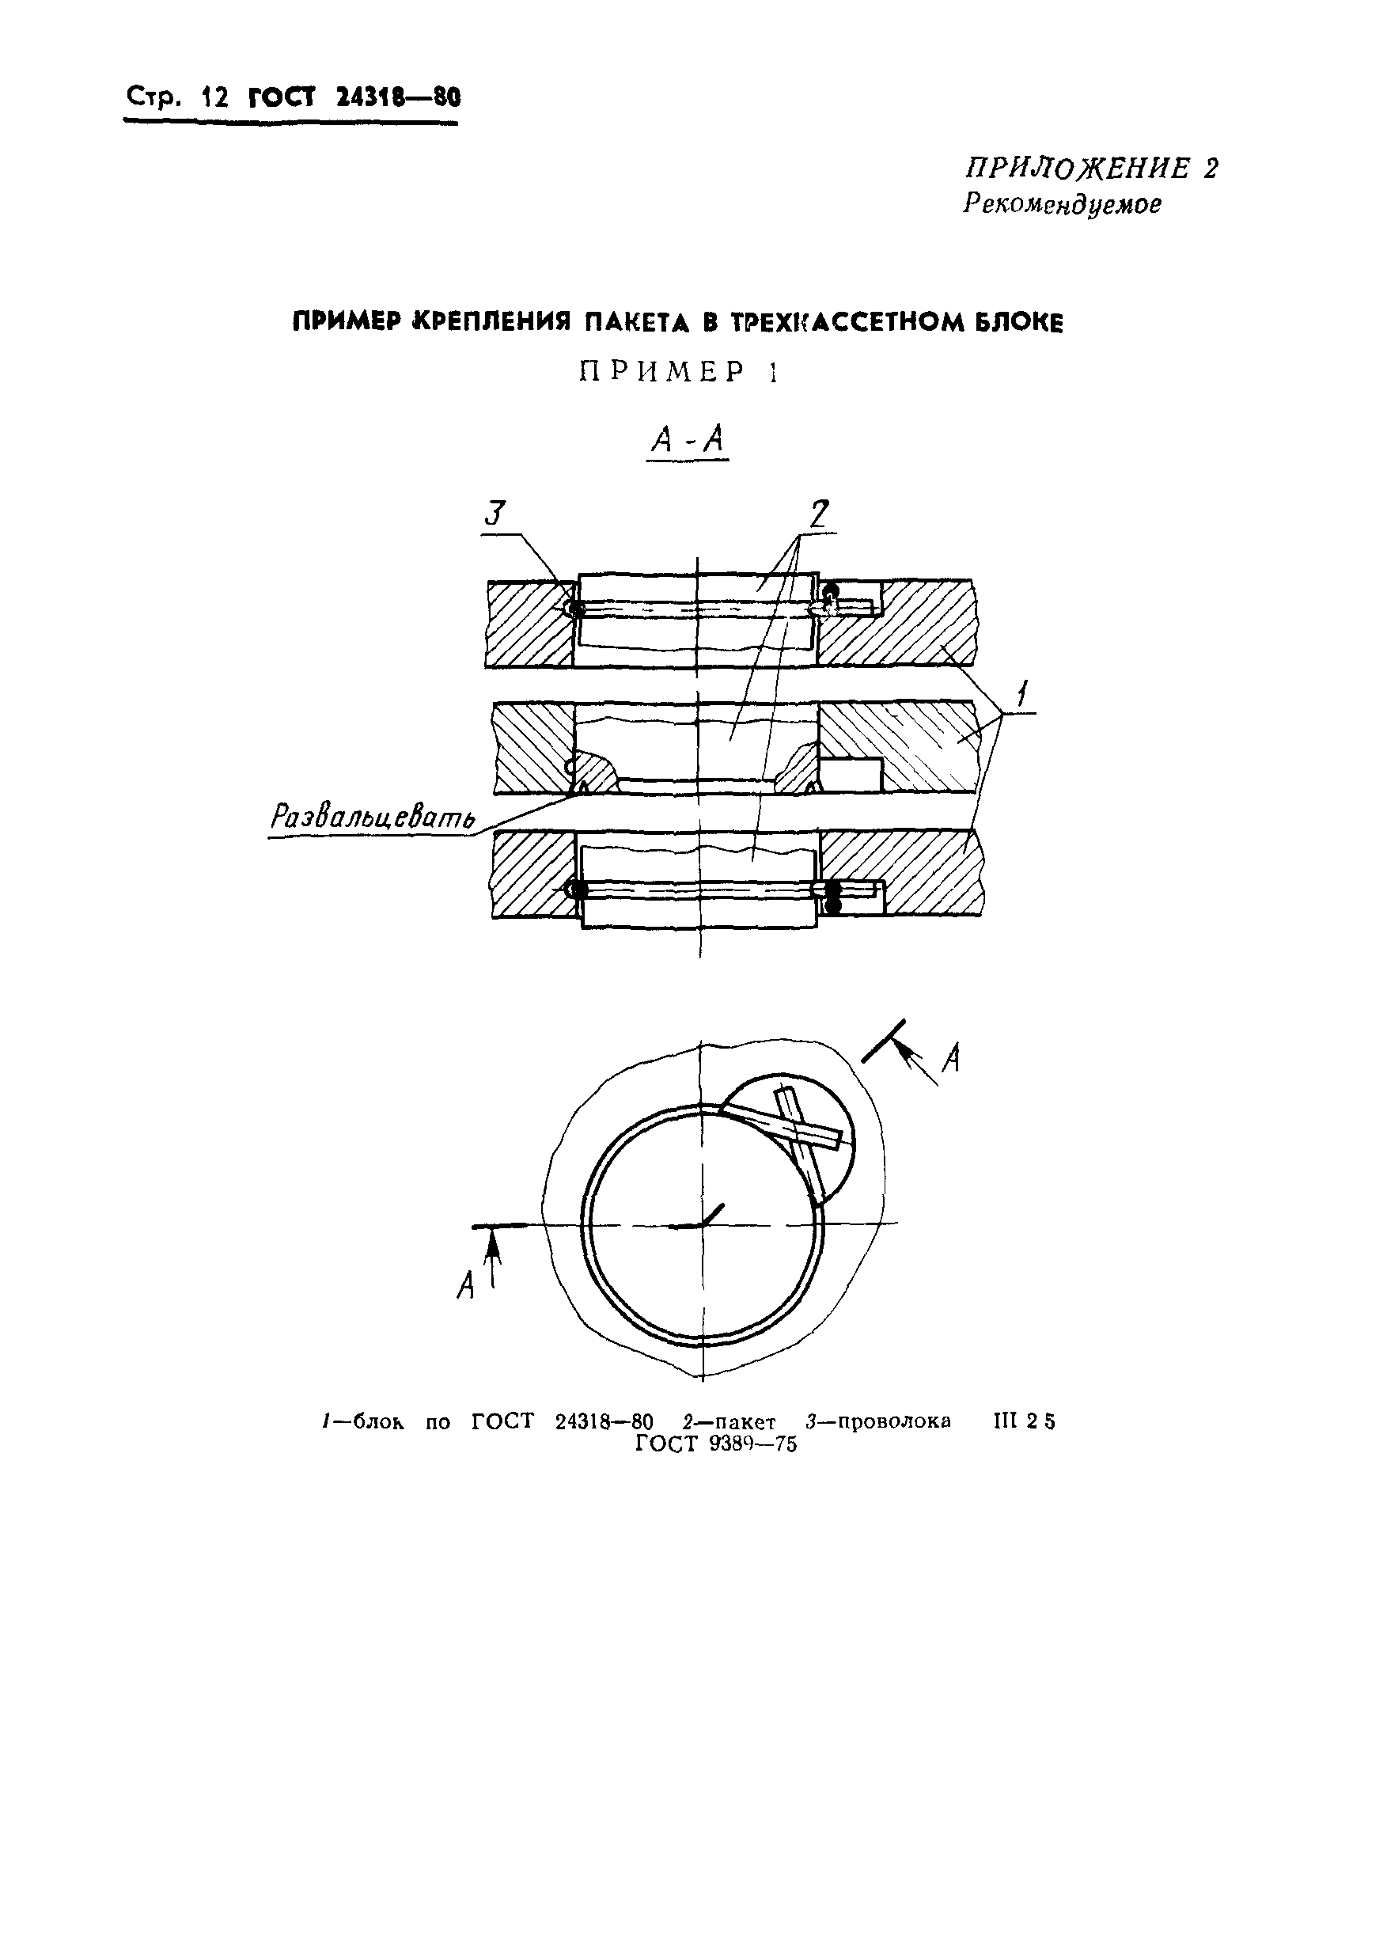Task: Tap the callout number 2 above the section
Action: coord(818,514)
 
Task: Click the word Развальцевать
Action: coord(373,818)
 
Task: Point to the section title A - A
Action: coord(688,440)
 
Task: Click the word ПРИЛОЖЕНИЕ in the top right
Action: coord(1078,169)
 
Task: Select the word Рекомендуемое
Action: coord(1062,205)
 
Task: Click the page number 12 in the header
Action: coord(214,98)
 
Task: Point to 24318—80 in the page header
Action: coord(398,98)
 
